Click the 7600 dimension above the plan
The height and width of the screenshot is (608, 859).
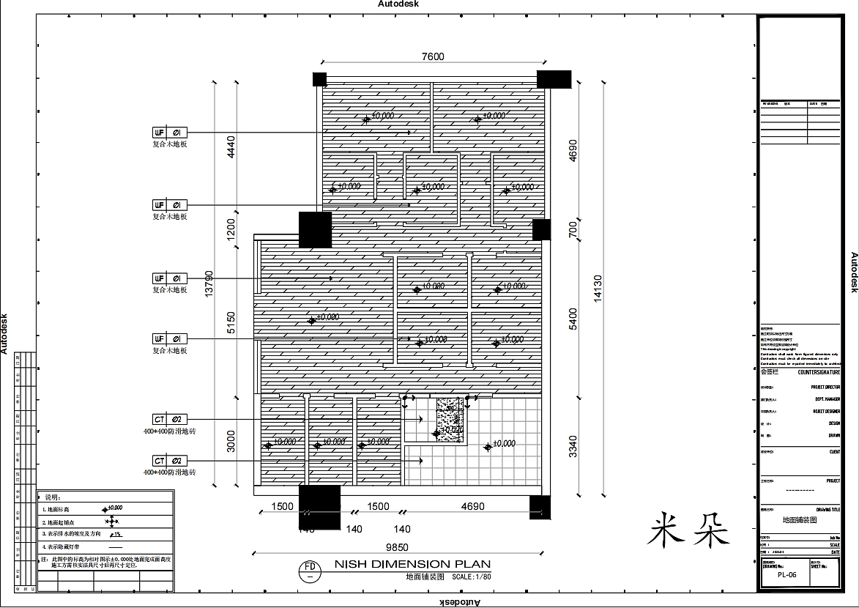coord(432,57)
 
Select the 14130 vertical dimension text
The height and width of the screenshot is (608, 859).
coord(597,289)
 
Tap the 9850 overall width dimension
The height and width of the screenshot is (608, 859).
coord(397,547)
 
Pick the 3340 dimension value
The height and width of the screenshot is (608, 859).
coord(573,446)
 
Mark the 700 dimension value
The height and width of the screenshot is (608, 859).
coord(573,230)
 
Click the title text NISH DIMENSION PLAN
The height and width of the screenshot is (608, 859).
coord(412,564)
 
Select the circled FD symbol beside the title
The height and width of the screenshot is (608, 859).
coord(310,570)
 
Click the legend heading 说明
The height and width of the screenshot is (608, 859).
coord(53,497)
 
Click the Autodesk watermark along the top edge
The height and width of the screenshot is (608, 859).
coord(398,4)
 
